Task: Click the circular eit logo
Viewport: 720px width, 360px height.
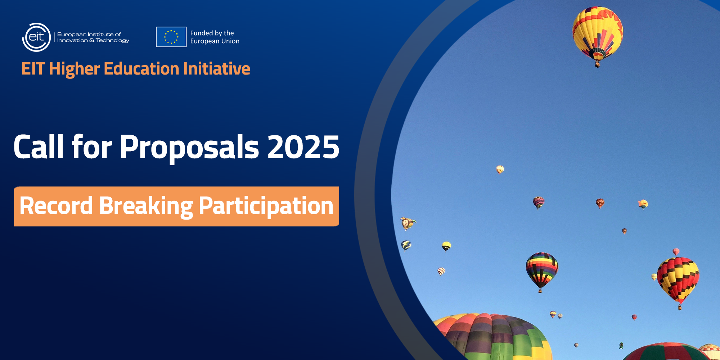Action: [36, 37]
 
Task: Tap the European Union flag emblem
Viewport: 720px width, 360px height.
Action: [171, 37]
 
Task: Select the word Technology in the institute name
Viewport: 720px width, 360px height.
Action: [112, 41]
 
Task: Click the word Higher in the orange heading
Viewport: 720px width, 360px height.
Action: [74, 69]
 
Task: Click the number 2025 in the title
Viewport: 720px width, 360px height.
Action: [303, 147]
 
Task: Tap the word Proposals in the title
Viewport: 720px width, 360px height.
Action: [189, 148]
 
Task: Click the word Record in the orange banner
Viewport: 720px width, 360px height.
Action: [56, 206]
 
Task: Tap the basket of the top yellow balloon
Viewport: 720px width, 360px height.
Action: [598, 65]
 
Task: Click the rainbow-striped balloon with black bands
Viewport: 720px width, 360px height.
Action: [542, 269]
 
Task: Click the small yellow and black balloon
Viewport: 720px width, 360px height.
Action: [446, 246]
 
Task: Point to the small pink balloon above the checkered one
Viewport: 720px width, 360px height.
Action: [676, 251]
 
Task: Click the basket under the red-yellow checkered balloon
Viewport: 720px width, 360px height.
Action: [680, 307]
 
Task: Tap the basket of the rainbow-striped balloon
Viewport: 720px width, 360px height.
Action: [540, 291]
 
